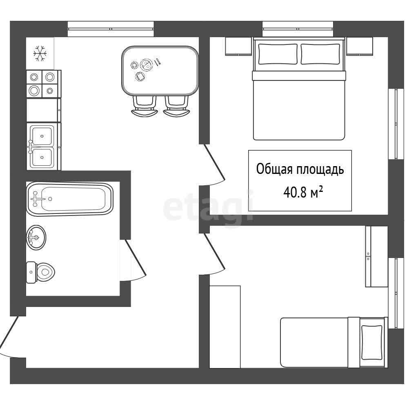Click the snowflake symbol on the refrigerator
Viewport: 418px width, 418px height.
point(40,53)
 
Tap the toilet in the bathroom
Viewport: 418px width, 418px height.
point(40,272)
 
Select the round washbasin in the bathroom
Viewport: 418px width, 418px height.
point(36,237)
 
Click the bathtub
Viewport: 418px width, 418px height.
point(70,199)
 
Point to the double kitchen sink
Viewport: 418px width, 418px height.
point(42,147)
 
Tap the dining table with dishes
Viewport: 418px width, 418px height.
point(160,71)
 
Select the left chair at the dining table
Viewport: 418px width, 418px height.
point(144,106)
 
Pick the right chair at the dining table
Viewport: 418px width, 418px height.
point(176,106)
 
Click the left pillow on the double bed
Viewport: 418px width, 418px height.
point(278,54)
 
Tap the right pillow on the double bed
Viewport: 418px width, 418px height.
point(320,54)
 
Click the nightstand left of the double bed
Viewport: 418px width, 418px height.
point(238,47)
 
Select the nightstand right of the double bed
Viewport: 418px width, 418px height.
point(359,47)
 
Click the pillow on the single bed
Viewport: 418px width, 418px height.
point(371,342)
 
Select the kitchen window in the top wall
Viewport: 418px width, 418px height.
point(111,29)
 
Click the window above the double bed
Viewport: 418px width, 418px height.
point(298,29)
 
